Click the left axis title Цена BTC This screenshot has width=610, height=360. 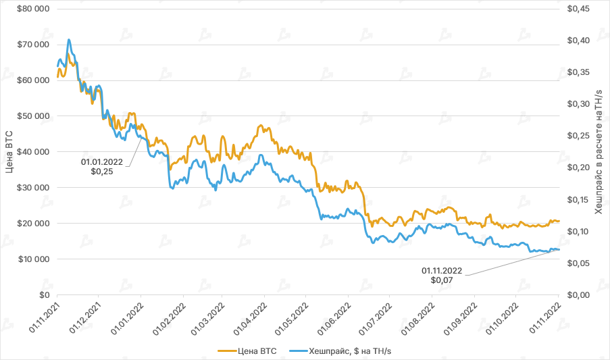(9, 151)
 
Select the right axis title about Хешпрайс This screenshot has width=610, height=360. (598, 151)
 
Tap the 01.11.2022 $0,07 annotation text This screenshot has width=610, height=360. (442, 276)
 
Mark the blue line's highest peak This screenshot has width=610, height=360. (69, 40)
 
